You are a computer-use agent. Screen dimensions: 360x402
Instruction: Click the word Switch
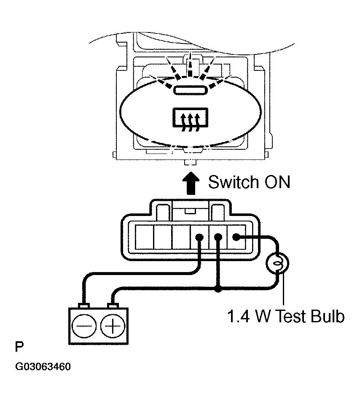click(233, 182)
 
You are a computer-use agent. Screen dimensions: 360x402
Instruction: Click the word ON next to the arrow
click(277, 182)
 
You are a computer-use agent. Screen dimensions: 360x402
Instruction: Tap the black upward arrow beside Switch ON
click(191, 183)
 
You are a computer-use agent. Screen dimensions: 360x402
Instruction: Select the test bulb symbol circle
click(277, 263)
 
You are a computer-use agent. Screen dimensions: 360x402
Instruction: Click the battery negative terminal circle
click(84, 326)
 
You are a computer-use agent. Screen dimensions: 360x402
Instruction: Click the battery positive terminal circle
click(113, 326)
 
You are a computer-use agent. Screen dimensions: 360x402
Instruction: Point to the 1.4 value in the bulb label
click(238, 316)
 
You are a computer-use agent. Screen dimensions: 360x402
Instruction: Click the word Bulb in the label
click(327, 316)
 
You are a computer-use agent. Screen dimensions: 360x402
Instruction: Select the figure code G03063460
click(43, 367)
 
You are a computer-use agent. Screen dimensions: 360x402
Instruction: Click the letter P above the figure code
click(19, 347)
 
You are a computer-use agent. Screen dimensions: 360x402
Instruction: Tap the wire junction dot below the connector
click(218, 290)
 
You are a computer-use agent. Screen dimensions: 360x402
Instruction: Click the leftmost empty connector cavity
click(144, 237)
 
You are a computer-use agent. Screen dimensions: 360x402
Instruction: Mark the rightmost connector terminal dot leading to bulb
click(236, 237)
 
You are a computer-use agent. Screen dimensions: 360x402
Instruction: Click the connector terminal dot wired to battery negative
click(199, 237)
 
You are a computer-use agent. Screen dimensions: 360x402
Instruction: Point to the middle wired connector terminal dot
click(218, 237)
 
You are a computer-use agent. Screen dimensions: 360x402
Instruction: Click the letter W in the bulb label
click(263, 316)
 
